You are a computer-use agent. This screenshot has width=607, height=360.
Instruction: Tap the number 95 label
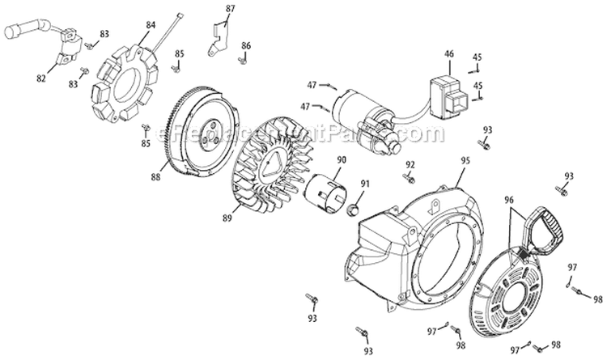(465, 160)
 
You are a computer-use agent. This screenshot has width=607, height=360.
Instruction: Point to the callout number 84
(150, 25)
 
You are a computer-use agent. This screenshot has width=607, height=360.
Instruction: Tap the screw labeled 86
(241, 59)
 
